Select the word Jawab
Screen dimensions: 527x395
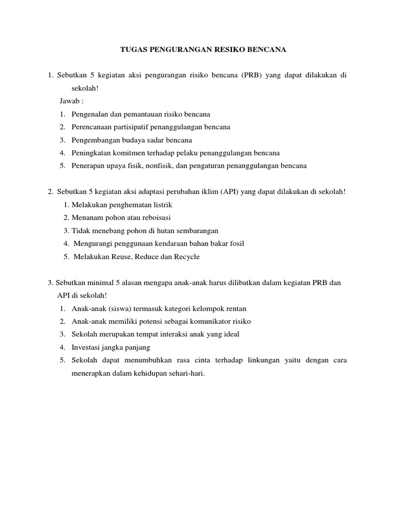click(x=69, y=101)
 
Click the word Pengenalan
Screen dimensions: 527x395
click(x=92, y=114)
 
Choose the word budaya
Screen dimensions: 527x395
click(x=138, y=139)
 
